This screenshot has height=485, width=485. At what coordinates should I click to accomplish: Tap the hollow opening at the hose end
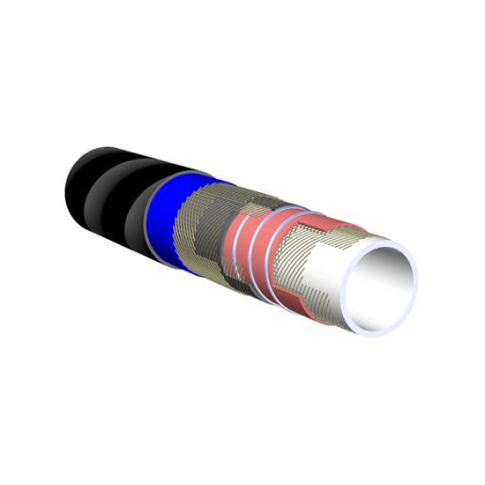coord(380,283)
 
